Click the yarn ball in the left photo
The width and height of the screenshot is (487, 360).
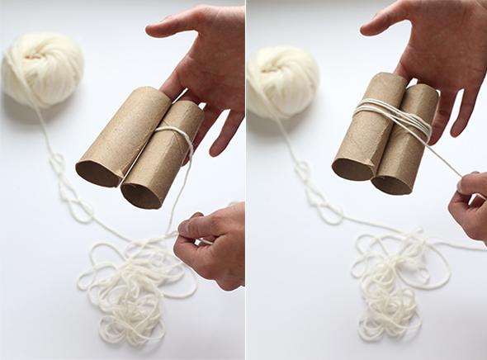point(42,69)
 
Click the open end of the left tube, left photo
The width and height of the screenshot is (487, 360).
point(97,172)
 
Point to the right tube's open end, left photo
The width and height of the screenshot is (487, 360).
point(141,194)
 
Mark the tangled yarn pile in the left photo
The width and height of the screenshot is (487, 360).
point(132,281)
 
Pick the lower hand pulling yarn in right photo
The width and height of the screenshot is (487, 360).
point(469,206)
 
